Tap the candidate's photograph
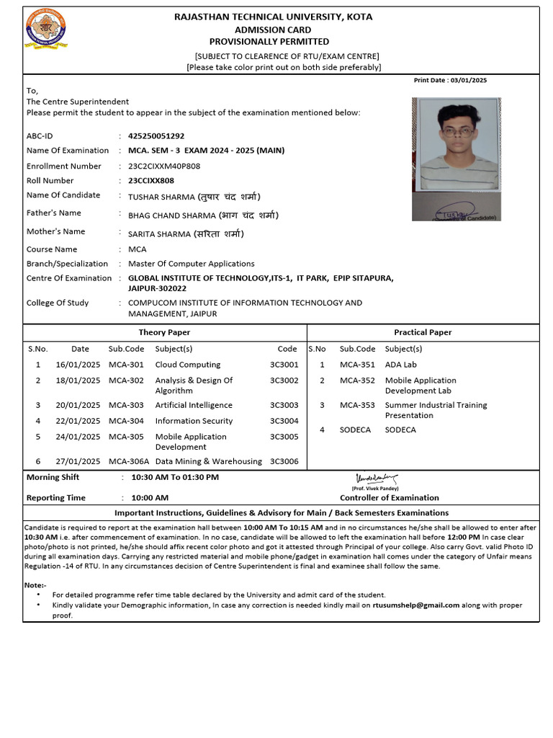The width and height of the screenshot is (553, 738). pyautogui.click(x=457, y=159)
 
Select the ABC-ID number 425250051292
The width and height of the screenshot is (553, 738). pyautogui.click(x=156, y=135)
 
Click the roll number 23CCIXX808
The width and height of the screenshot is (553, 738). pyautogui.click(x=151, y=181)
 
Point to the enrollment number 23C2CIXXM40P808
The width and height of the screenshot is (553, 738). pyautogui.click(x=164, y=166)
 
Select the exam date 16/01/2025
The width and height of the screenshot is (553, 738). pyautogui.click(x=78, y=365)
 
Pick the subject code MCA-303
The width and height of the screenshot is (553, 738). pyautogui.click(x=126, y=405)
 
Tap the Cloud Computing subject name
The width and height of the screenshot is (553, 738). pyautogui.click(x=188, y=365)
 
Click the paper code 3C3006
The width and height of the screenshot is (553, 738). pyautogui.click(x=284, y=461)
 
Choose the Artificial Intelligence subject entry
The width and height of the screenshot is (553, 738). pyautogui.click(x=194, y=405)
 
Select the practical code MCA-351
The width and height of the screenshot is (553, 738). pyautogui.click(x=357, y=365)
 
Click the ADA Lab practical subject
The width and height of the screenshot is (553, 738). pyautogui.click(x=401, y=365)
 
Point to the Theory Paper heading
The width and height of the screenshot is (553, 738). pyautogui.click(x=164, y=332)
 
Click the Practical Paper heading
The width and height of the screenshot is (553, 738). pyautogui.click(x=423, y=332)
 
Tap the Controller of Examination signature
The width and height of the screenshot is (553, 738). pyautogui.click(x=375, y=478)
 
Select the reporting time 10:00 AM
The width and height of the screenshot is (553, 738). pyautogui.click(x=149, y=497)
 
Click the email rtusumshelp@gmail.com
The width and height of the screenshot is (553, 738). pyautogui.click(x=415, y=605)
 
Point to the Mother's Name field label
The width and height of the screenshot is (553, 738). pyautogui.click(x=55, y=231)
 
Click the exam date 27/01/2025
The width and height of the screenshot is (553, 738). pyautogui.click(x=78, y=461)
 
